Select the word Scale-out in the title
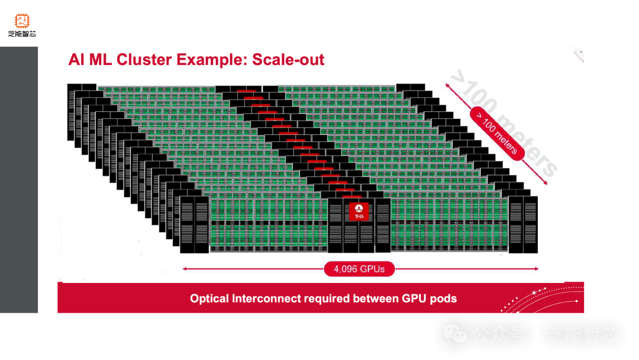(288, 60)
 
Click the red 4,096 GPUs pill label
(359, 269)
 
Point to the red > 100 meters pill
(497, 133)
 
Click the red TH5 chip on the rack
(359, 211)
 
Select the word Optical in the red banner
(209, 299)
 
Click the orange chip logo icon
(22, 20)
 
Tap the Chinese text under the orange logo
(22, 34)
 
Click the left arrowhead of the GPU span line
(185, 269)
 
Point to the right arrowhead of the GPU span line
(536, 269)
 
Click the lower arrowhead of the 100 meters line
(546, 182)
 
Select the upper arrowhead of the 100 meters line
(447, 86)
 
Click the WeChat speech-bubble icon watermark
(455, 333)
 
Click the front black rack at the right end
(523, 224)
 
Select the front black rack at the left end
(195, 224)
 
